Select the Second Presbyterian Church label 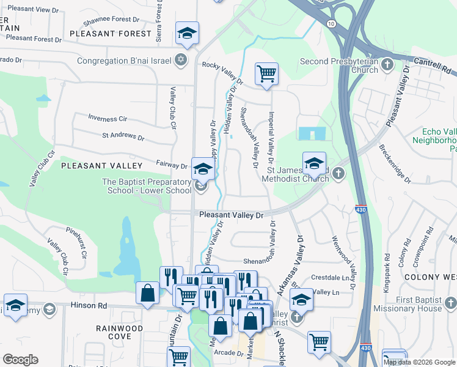340,65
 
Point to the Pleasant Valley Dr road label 231,215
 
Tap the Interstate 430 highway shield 360,209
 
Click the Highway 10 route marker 331,23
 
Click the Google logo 20,360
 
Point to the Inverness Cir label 107,117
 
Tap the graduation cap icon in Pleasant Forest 187,34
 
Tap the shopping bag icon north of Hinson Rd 148,293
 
